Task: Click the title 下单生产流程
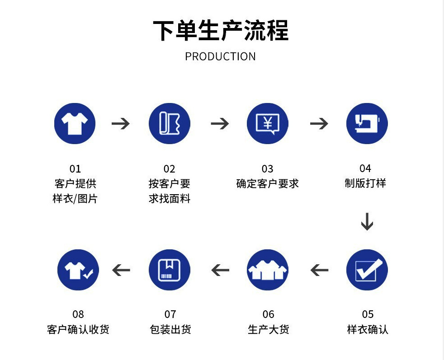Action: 221,30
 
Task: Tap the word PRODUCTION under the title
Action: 220,56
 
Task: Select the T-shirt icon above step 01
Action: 75,123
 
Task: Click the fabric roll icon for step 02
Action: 170,123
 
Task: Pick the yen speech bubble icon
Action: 268,123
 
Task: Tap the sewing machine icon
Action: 367,123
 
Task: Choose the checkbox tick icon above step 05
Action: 367,270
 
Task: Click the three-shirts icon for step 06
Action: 268,270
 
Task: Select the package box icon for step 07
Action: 170,270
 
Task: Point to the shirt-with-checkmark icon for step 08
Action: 78,270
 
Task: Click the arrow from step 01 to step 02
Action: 121,124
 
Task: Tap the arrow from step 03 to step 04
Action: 319,124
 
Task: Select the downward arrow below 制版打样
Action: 367,222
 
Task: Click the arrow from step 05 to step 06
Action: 319,270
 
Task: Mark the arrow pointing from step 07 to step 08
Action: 121,270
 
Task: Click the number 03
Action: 268,169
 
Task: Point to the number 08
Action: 78,314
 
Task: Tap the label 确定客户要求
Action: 268,184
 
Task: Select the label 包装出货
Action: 170,329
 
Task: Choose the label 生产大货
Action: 269,329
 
